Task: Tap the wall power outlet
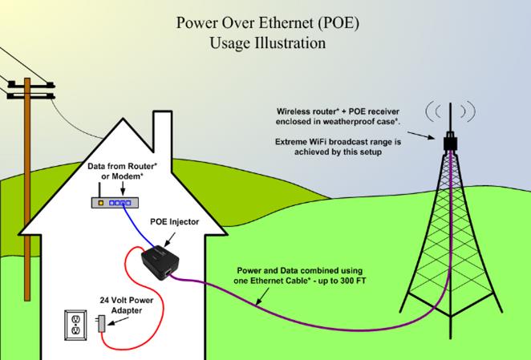click(x=75, y=325)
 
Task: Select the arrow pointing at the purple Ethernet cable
click(x=269, y=294)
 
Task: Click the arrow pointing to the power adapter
click(x=113, y=324)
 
